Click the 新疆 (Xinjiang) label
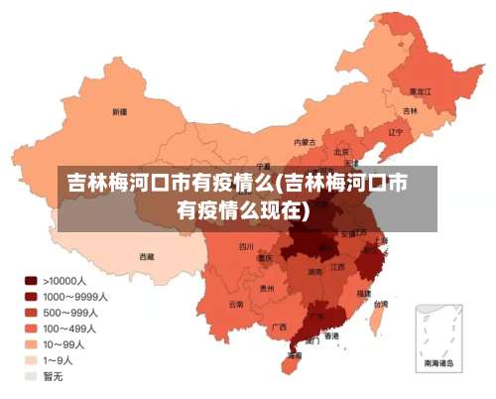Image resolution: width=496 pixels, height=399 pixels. (119, 111)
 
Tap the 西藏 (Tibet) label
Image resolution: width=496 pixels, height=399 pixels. (146, 256)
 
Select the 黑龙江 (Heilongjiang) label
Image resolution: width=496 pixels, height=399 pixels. (420, 90)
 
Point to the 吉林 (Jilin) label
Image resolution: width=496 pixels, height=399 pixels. (410, 110)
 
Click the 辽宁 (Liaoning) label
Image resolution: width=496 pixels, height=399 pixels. (395, 131)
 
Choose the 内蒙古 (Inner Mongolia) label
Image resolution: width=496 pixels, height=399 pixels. (306, 143)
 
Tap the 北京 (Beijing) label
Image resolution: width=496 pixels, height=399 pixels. (341, 152)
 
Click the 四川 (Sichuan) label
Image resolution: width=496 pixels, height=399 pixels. (246, 246)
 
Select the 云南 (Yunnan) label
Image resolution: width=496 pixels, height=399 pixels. (235, 304)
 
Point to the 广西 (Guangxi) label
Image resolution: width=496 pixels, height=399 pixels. (280, 327)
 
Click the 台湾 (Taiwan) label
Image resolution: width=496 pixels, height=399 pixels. (381, 305)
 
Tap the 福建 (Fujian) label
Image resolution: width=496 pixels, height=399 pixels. (363, 293)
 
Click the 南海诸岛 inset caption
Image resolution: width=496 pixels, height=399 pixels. (438, 364)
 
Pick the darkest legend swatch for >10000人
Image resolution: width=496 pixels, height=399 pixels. (31, 281)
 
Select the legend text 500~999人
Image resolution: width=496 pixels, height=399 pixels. (68, 313)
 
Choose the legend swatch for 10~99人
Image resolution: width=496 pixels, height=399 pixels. (31, 344)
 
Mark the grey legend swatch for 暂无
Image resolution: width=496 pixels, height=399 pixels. (31, 376)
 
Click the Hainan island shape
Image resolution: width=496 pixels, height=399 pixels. (291, 364)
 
